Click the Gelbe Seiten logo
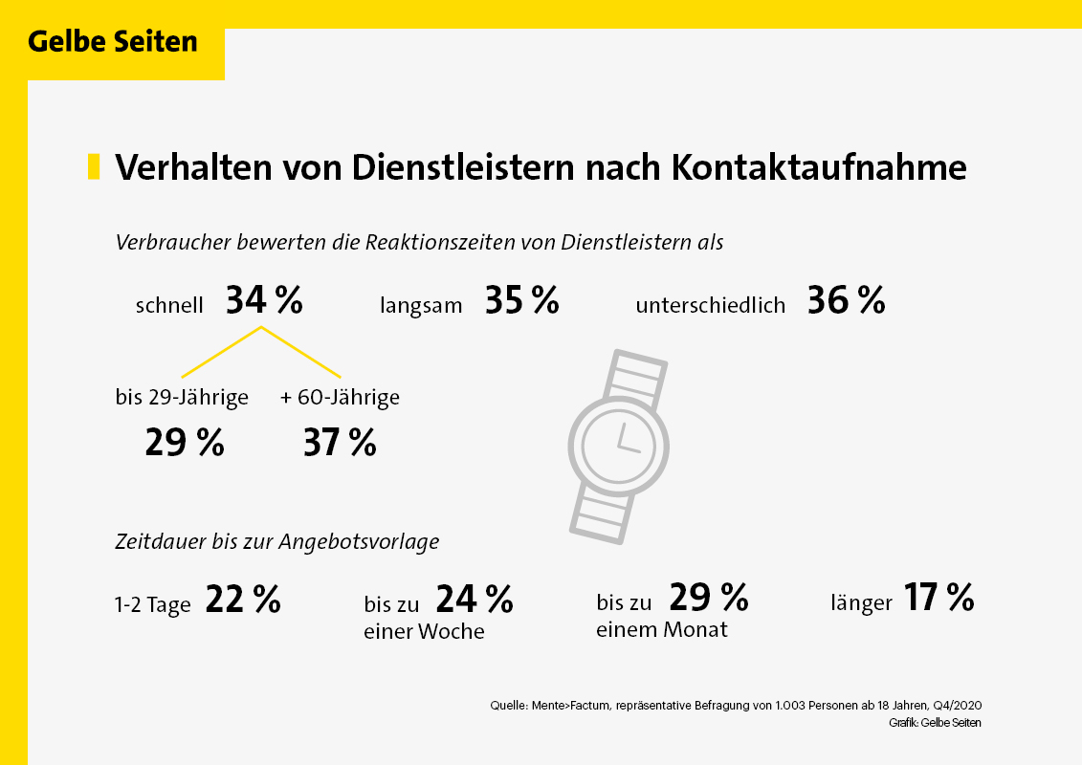pyautogui.click(x=113, y=43)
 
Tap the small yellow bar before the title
pyautogui.click(x=94, y=166)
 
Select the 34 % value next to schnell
pyautogui.click(x=264, y=301)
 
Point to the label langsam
pyautogui.click(x=421, y=306)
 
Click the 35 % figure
pyautogui.click(x=521, y=301)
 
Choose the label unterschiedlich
pyautogui.click(x=710, y=306)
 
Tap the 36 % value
pyautogui.click(x=846, y=301)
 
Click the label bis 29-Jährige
pyautogui.click(x=182, y=398)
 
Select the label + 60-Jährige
pyautogui.click(x=340, y=398)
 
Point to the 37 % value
pyautogui.click(x=340, y=444)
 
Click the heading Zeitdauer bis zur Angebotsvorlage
pyautogui.click(x=277, y=542)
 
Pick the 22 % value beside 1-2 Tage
pyautogui.click(x=243, y=601)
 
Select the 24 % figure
pyautogui.click(x=475, y=600)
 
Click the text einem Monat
pyautogui.click(x=662, y=629)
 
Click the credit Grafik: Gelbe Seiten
pyautogui.click(x=935, y=723)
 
